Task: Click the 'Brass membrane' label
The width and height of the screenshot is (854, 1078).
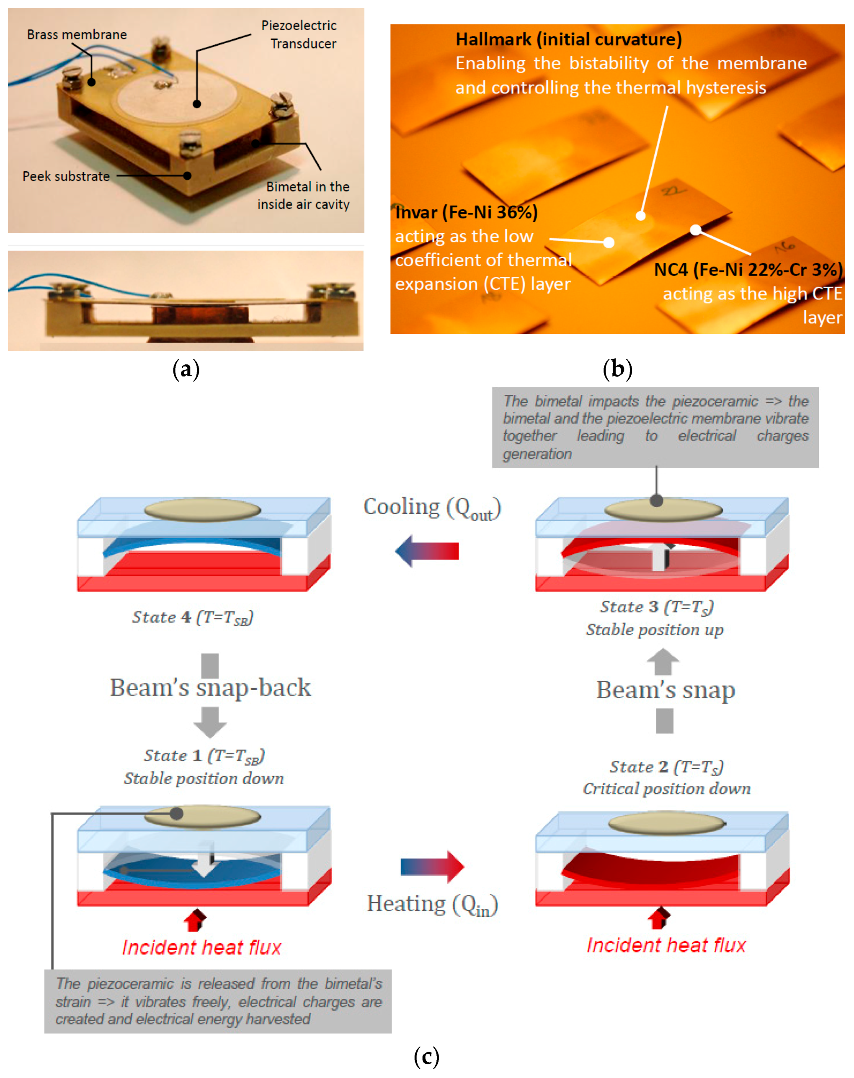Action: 77,34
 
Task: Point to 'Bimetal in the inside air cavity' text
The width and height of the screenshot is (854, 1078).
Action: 304,195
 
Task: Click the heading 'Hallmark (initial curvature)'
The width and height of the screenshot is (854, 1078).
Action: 568,39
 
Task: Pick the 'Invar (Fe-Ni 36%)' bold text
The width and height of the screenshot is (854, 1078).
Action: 466,212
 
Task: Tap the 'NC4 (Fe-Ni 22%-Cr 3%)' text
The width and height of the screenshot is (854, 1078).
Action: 748,270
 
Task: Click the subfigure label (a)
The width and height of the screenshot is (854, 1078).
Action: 186,369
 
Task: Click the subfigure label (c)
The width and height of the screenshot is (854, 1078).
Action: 426,1056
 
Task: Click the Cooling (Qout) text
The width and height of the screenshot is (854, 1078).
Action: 432,508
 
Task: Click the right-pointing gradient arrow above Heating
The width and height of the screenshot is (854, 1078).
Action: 432,866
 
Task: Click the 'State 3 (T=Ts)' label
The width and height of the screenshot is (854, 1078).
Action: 656,606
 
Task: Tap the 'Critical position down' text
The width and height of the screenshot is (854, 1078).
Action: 666,789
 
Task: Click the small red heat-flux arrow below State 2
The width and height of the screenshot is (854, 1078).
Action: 659,918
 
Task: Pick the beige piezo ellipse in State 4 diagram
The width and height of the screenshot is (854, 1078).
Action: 202,510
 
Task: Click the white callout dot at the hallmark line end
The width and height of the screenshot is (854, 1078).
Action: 640,216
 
